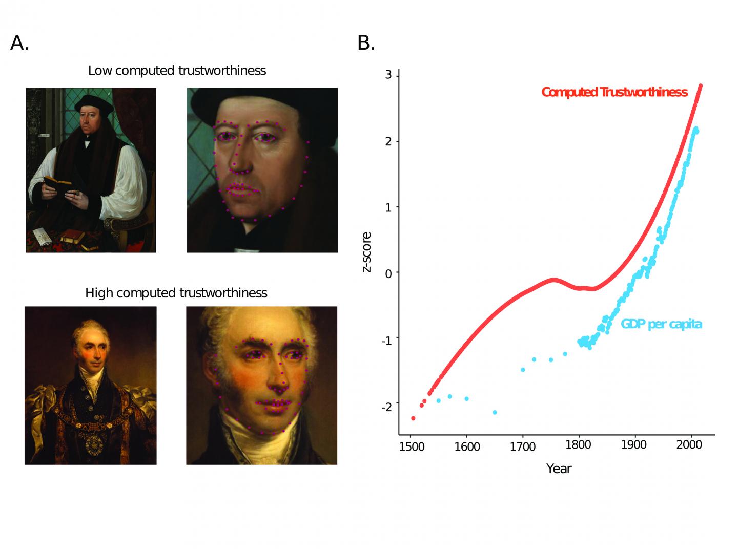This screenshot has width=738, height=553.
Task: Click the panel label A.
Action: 19,44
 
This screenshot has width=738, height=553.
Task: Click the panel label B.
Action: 366,44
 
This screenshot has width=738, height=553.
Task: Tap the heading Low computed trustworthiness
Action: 177,71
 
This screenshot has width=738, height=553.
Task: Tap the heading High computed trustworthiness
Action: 176,293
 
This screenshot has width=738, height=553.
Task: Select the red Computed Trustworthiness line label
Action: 614,92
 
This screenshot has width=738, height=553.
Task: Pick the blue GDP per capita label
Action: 661,324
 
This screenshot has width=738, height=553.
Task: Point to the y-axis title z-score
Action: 367,252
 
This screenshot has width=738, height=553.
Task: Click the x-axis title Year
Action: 559,469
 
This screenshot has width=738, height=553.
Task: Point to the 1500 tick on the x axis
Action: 412,446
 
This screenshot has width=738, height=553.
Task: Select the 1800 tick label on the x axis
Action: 579,444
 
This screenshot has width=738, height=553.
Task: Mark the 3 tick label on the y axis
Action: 388,75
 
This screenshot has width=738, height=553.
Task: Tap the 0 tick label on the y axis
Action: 388,273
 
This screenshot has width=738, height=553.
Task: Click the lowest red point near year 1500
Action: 413,418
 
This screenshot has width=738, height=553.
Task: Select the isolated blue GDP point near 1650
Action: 495,412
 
